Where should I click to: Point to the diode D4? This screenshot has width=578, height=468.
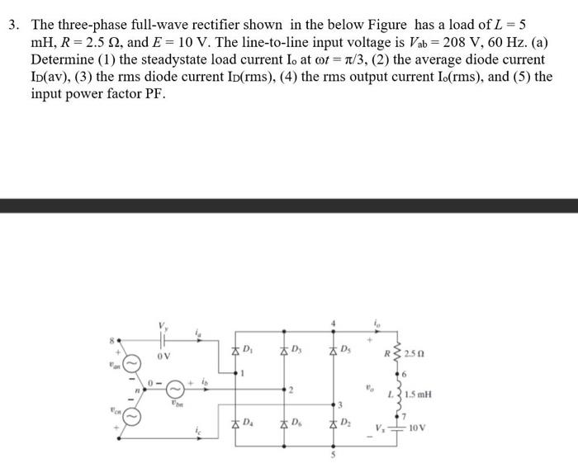pyautogui.click(x=235, y=423)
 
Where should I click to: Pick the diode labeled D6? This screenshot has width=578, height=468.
pyautogui.click(x=285, y=423)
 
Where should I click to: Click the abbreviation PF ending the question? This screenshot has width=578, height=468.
pyautogui.click(x=154, y=93)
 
